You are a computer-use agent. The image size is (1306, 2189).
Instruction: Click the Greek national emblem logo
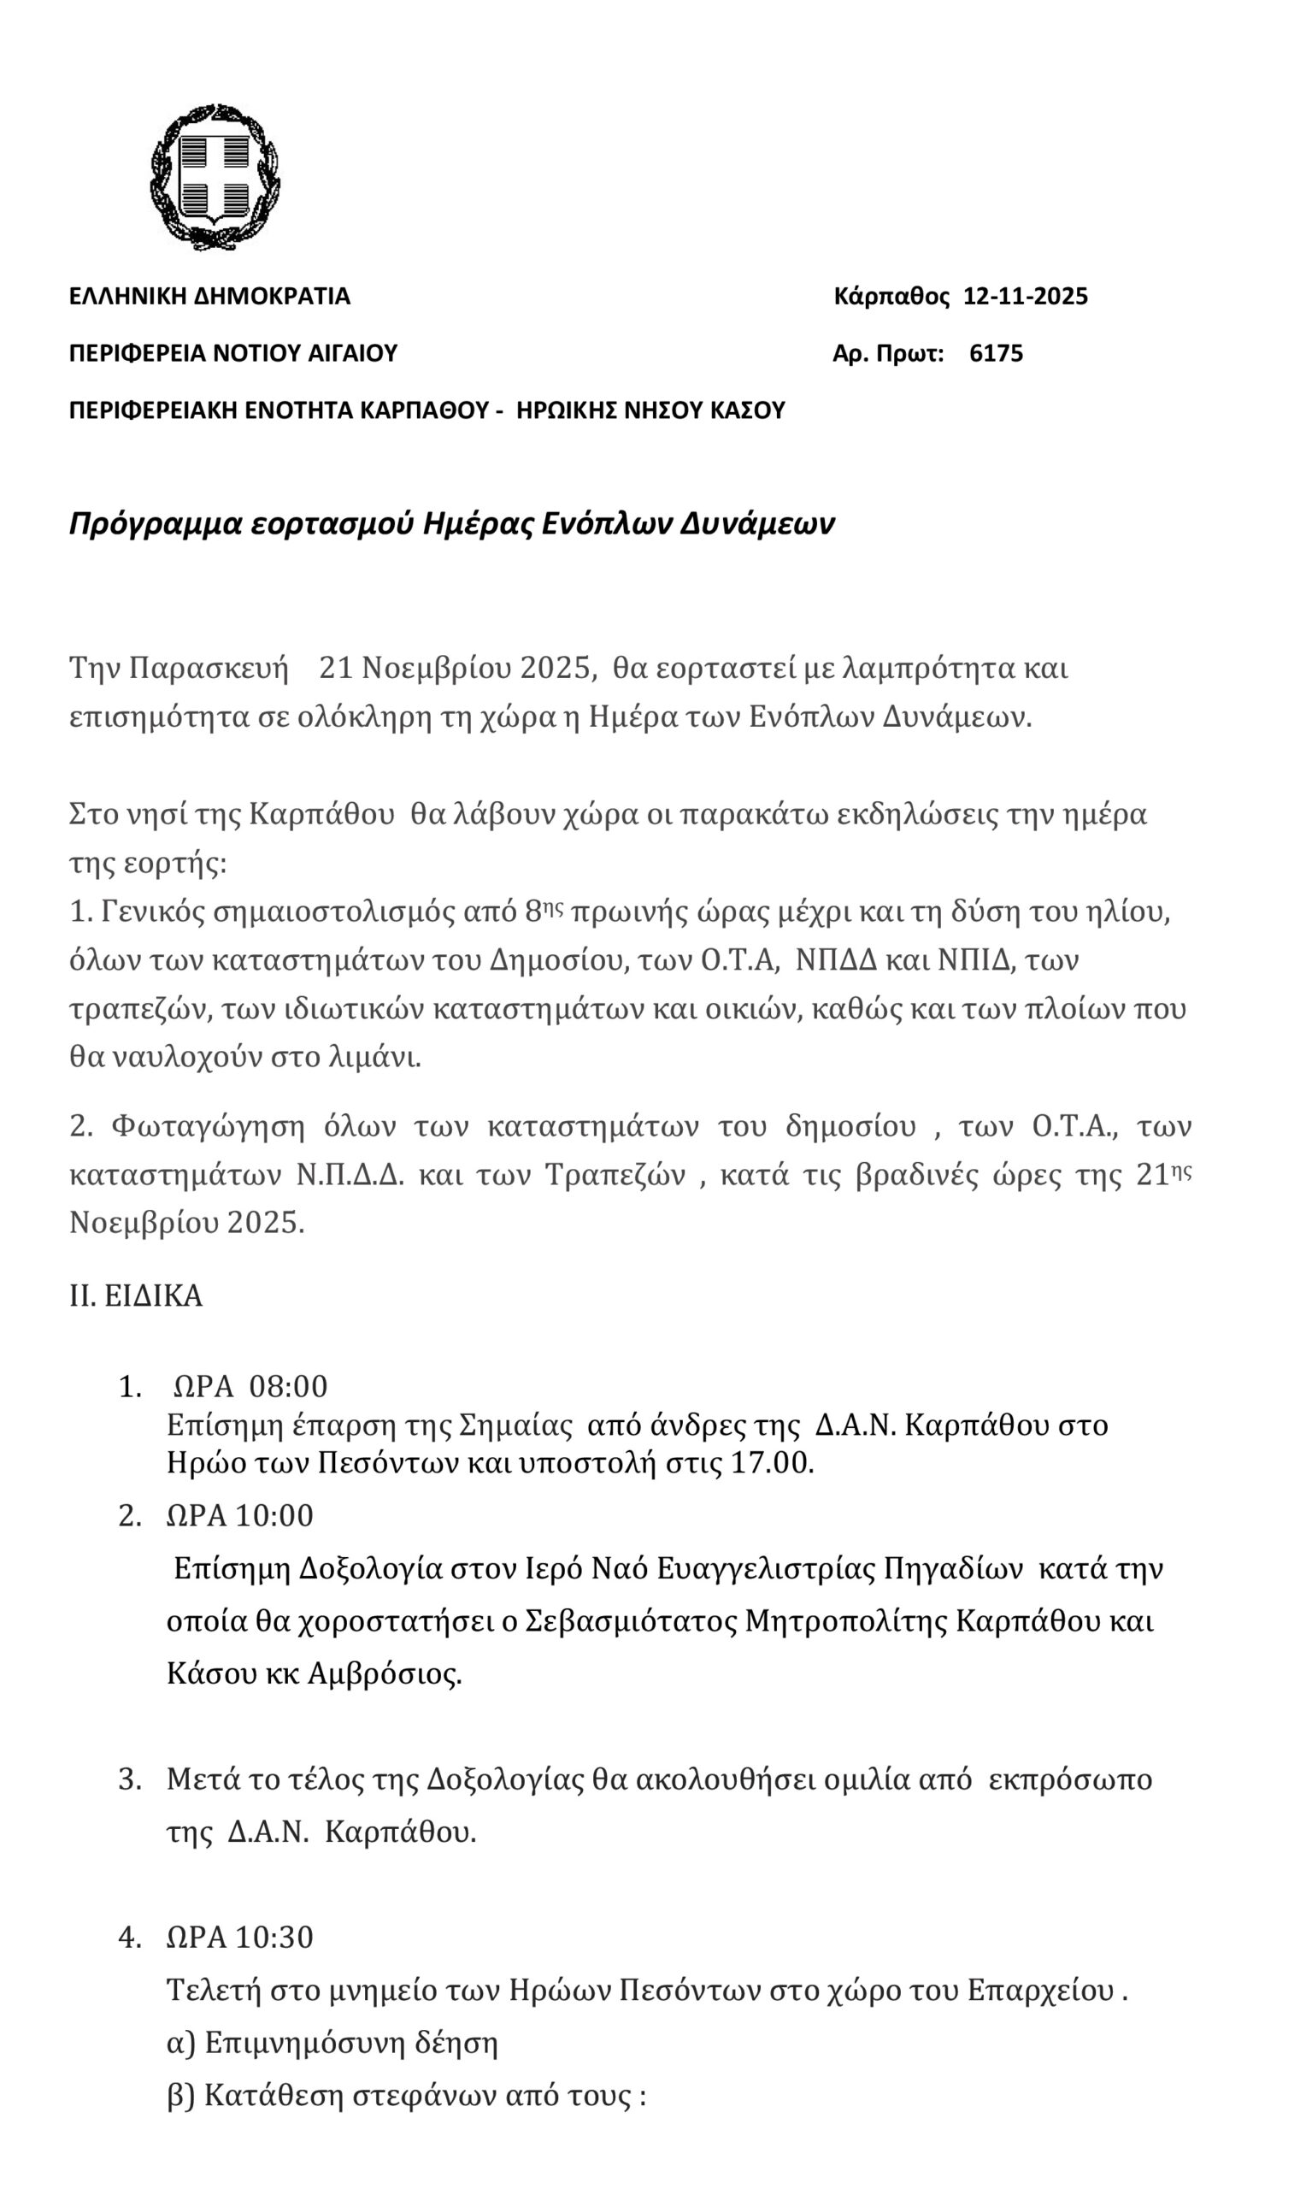pos(215,177)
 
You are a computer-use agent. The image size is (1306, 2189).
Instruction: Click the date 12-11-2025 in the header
pos(1026,296)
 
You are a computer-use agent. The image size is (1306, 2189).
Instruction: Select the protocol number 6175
pos(997,354)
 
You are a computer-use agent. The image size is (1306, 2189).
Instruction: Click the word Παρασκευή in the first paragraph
pos(209,668)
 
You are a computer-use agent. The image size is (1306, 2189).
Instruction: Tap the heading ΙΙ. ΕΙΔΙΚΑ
pos(137,1296)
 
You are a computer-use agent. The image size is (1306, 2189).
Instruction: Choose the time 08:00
pos(289,1387)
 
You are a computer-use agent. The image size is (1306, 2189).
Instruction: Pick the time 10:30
pos(274,1938)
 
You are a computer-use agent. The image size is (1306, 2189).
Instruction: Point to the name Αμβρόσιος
pos(385,1673)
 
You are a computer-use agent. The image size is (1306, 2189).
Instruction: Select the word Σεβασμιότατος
pos(630,1620)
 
